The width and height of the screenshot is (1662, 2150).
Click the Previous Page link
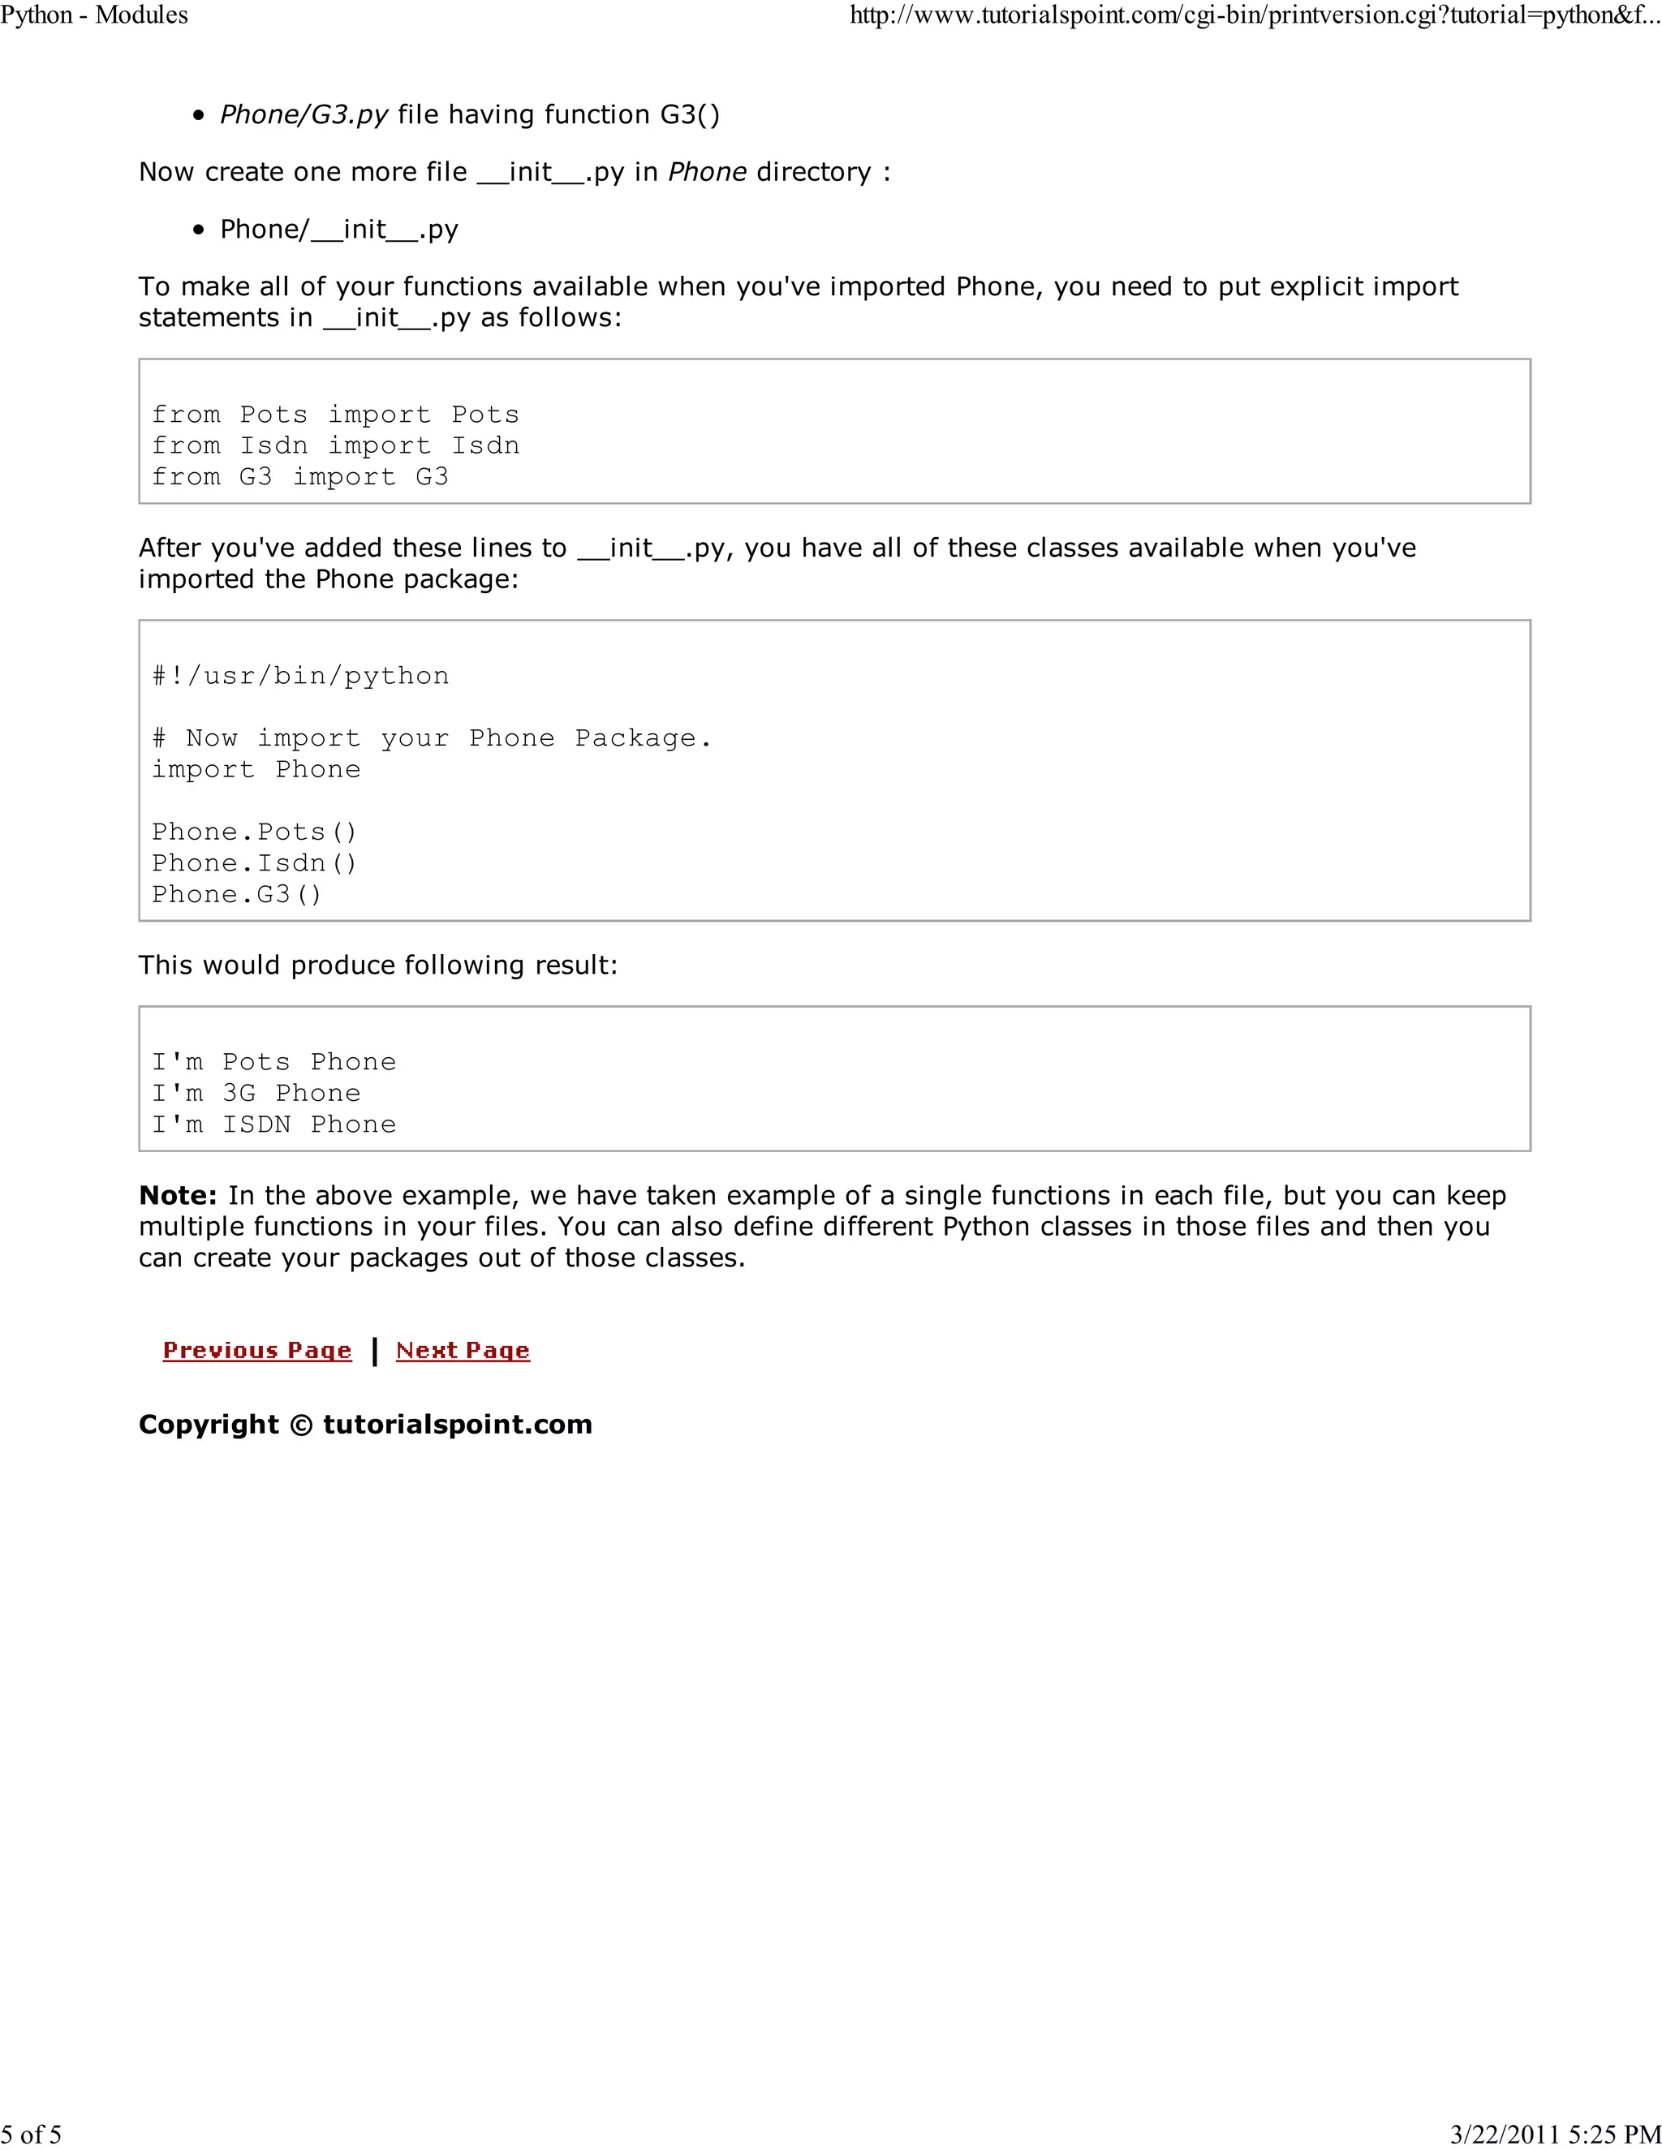257,1350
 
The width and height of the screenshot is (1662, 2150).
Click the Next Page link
463,1350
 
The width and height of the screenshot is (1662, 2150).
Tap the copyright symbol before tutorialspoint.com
301,1425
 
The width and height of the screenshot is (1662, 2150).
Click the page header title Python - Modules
94,15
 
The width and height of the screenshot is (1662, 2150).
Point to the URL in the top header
1255,15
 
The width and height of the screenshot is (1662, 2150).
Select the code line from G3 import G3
299,476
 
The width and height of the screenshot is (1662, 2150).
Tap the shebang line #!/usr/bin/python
300,675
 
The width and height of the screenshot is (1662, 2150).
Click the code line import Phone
256,769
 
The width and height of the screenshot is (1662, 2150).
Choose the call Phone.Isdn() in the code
254,863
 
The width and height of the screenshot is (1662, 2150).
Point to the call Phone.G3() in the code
236,894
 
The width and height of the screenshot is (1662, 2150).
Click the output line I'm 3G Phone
256,1093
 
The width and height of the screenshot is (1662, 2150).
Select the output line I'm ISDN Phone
273,1124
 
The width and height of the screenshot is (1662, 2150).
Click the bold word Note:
177,1195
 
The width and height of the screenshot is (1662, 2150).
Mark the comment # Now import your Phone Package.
431,738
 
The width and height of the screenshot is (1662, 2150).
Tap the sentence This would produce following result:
378,965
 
